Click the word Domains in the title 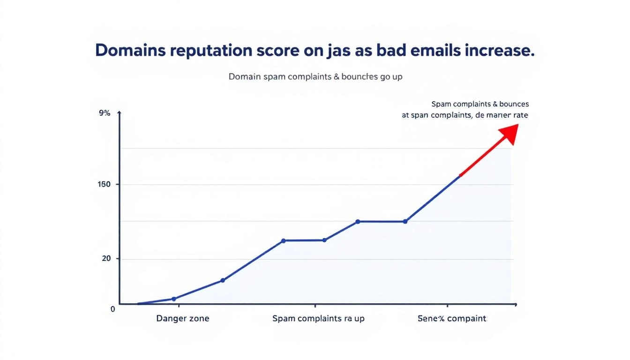(130, 51)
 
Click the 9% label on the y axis (105, 113)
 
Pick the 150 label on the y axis (104, 184)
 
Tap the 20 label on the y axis (106, 259)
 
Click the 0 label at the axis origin (112, 309)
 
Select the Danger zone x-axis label (182, 319)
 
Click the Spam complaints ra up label (318, 319)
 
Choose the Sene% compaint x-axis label (452, 319)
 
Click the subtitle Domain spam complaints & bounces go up (315, 76)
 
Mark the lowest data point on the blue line (174, 299)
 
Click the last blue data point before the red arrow (405, 221)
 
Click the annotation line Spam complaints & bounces (480, 104)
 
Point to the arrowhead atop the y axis (120, 113)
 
